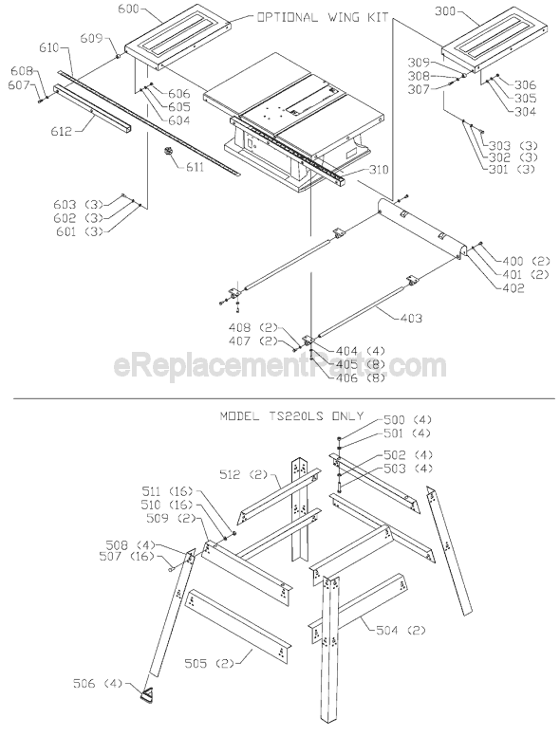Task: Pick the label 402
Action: tap(513, 288)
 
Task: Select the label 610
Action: tap(49, 46)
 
